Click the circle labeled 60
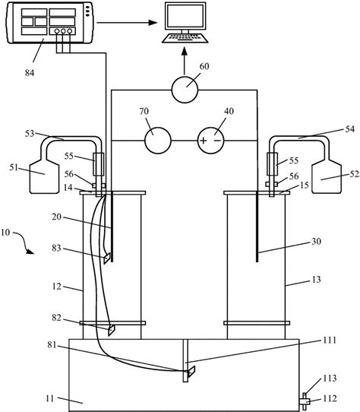pyautogui.click(x=185, y=90)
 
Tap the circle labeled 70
pyautogui.click(x=158, y=141)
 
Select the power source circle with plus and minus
pyautogui.click(x=211, y=141)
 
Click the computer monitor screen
pyautogui.click(x=185, y=15)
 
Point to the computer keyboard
pyautogui.click(x=185, y=38)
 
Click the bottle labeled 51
pyautogui.click(x=44, y=176)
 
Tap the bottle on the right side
pyautogui.click(x=327, y=176)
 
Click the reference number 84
pyautogui.click(x=30, y=73)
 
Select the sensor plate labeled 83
pyautogui.click(x=107, y=258)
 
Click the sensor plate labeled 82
pyautogui.click(x=112, y=330)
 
